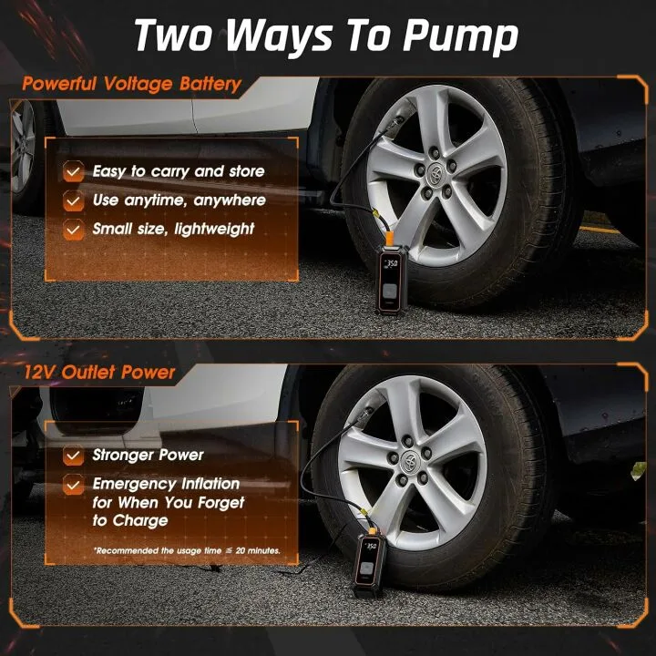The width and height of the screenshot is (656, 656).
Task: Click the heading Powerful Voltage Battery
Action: pyautogui.click(x=131, y=85)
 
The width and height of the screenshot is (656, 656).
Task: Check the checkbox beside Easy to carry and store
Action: pyautogui.click(x=73, y=171)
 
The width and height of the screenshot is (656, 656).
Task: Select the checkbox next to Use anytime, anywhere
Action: pyautogui.click(x=73, y=200)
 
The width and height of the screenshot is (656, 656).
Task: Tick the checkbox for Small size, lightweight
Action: pyautogui.click(x=73, y=230)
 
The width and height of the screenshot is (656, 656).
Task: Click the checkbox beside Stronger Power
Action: pyautogui.click(x=73, y=456)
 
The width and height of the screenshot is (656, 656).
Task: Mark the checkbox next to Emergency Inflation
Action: pyautogui.click(x=73, y=485)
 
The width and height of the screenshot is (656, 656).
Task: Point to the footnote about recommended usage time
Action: pyautogui.click(x=186, y=550)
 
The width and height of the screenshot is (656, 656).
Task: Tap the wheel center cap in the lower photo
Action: pyautogui.click(x=416, y=454)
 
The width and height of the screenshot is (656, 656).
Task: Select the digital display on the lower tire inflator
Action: pyautogui.click(x=369, y=547)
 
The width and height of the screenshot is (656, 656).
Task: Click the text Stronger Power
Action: pyautogui.click(x=149, y=456)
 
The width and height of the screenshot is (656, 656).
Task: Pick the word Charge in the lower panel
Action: pyautogui.click(x=139, y=521)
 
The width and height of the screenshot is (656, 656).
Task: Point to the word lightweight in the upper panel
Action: pyautogui.click(x=220, y=230)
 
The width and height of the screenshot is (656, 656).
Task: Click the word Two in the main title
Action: pyautogui.click(x=173, y=36)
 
